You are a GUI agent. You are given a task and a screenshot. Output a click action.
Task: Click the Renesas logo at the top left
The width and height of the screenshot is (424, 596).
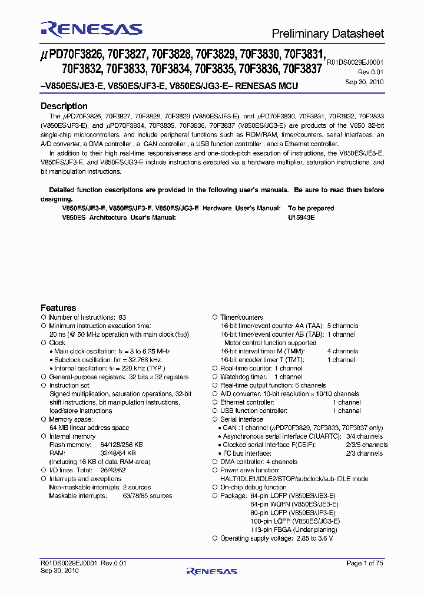[x=91, y=29]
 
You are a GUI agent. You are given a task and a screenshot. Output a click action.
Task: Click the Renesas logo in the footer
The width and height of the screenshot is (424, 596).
[x=211, y=571]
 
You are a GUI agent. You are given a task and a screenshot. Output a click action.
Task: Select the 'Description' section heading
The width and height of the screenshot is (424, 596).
[x=64, y=106]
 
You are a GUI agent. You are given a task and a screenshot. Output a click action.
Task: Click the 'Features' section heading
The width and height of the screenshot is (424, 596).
[x=58, y=307]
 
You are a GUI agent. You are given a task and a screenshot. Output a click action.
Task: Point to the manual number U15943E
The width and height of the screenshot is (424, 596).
[x=301, y=217]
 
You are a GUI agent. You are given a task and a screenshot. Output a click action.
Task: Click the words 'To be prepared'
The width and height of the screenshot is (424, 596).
[x=310, y=208]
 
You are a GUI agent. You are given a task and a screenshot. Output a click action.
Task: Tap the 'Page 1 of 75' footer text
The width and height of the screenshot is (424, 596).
[x=365, y=563]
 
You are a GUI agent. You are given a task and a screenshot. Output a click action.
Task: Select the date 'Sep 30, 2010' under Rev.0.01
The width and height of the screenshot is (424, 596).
[x=364, y=82]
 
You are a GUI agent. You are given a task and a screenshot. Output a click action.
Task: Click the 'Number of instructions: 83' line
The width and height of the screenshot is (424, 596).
[x=87, y=317]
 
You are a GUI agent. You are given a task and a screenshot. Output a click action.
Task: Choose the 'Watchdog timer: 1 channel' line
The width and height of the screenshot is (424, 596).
[x=261, y=377]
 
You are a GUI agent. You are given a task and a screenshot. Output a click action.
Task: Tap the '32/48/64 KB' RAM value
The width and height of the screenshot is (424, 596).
[x=118, y=453]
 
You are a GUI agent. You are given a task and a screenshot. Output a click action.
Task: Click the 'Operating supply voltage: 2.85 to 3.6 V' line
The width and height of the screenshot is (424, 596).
[x=276, y=538]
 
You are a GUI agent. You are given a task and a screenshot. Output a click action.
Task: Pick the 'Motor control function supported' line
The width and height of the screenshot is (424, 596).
[x=270, y=343]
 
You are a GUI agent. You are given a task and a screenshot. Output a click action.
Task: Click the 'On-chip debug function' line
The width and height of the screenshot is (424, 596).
[x=253, y=487]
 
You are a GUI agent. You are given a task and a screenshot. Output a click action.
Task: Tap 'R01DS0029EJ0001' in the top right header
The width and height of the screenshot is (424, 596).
[x=354, y=61]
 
